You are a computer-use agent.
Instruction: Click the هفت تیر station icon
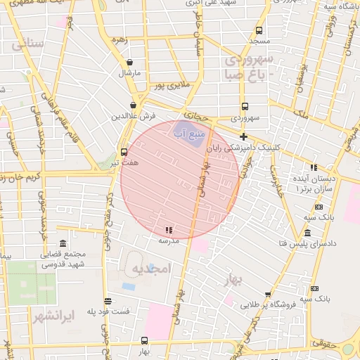[124, 151]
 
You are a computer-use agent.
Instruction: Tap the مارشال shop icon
[130, 62]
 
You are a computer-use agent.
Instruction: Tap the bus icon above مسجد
[259, 30]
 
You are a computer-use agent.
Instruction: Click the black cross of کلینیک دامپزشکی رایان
[244, 136]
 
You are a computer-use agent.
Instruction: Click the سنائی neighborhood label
[28, 43]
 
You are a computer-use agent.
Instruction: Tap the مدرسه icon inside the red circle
[168, 230]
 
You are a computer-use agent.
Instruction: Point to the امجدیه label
[150, 270]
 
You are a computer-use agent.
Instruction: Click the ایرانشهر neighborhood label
[53, 314]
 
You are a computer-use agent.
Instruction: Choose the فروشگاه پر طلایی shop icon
[268, 295]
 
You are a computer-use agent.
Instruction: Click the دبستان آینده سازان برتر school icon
[314, 167]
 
